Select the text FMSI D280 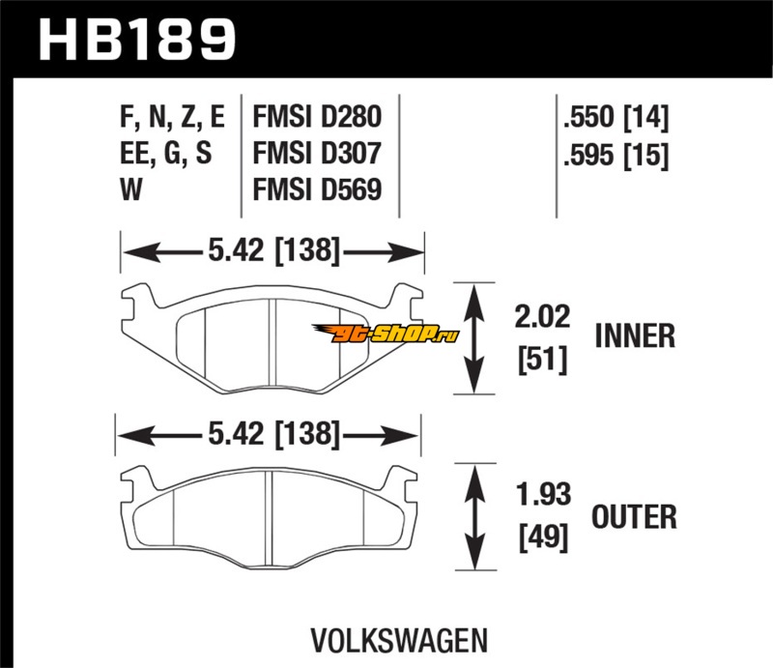point(317,118)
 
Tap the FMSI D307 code point(317,154)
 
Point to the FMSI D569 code point(317,189)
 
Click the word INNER point(634,335)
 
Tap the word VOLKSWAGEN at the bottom point(397,640)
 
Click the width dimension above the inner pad point(272,252)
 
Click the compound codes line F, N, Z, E point(172,118)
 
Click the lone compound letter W point(131,189)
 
